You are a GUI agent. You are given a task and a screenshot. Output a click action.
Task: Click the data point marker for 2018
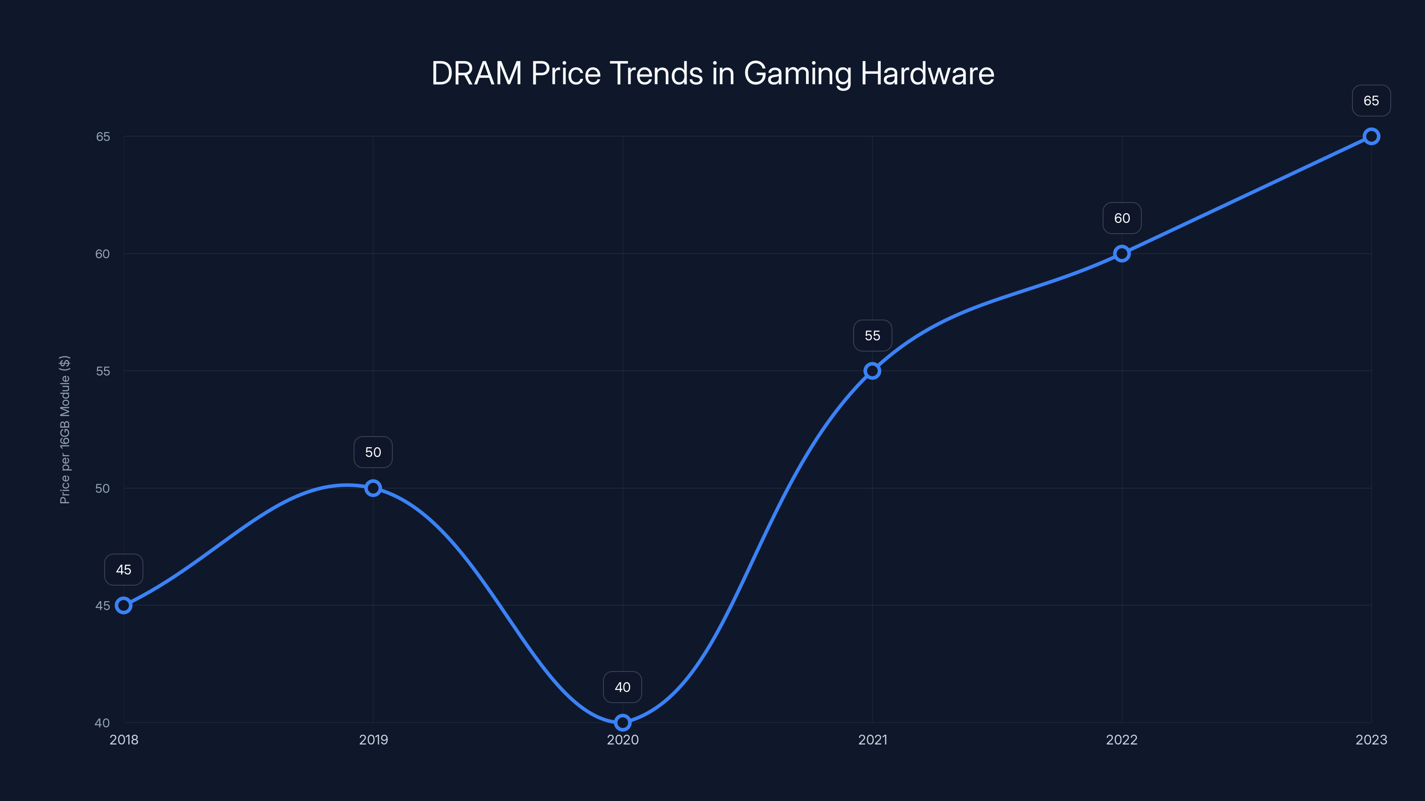(x=123, y=605)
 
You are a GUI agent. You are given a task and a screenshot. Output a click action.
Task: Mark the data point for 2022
(x=1122, y=254)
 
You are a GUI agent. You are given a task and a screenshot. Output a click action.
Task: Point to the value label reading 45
(x=123, y=570)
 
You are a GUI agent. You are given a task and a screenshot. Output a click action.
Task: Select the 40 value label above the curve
(x=623, y=687)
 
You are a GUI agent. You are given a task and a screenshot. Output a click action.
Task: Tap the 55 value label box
(x=872, y=336)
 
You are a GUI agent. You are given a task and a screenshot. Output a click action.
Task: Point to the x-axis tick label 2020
(x=623, y=740)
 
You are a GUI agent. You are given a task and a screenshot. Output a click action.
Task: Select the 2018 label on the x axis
(x=124, y=740)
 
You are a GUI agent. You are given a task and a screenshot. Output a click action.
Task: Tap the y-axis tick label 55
(x=103, y=371)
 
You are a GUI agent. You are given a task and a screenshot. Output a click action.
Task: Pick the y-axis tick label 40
(x=102, y=723)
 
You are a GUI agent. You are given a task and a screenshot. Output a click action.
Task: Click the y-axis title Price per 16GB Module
(x=65, y=429)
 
